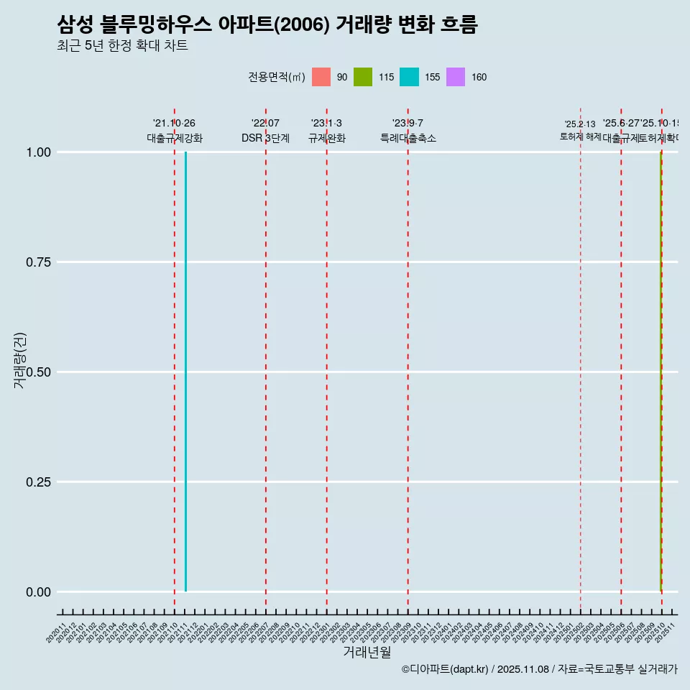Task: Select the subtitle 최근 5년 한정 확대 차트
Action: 122,46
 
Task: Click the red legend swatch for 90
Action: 321,77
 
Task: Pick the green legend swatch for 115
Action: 363,77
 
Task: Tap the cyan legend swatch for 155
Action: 409,77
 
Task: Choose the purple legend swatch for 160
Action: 456,77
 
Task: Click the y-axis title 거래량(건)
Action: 19,360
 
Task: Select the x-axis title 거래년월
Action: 367,652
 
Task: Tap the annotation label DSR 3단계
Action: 265,138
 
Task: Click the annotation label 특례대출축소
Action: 408,138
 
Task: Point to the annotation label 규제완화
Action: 327,138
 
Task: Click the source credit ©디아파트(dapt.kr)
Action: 446,669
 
